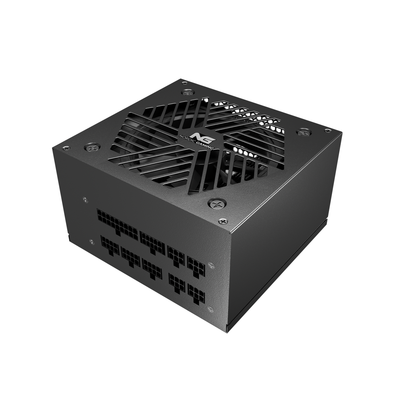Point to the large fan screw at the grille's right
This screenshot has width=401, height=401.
pos(302,132)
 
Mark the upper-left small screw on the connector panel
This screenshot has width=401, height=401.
pos(86,199)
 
